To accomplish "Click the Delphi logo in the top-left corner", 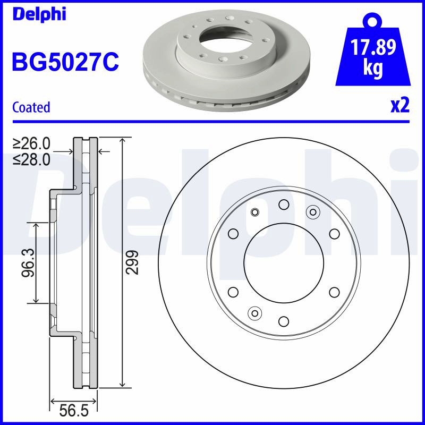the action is click(x=39, y=14).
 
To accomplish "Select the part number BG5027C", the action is click(x=65, y=62).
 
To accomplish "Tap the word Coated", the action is click(x=31, y=107).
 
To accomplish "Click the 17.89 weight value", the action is click(x=373, y=47).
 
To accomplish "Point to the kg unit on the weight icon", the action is click(x=373, y=68).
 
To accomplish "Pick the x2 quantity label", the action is click(x=400, y=105).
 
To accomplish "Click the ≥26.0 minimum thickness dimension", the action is click(x=31, y=143).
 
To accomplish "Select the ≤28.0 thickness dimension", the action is click(x=31, y=159).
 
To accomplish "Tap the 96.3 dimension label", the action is click(x=28, y=262).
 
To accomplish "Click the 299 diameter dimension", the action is click(x=132, y=262).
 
